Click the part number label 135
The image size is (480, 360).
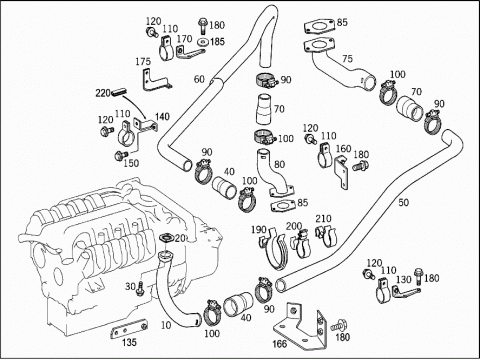(129, 342)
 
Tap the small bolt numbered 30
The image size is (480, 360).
(140, 289)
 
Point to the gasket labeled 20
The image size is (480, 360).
(166, 238)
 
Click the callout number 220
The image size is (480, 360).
(103, 93)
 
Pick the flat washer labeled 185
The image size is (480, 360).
(203, 43)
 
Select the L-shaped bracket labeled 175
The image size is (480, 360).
(155, 80)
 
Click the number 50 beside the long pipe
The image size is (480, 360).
(403, 202)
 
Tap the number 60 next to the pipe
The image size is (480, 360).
(199, 79)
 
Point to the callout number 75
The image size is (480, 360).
(347, 59)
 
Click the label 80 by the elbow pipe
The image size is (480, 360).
(279, 164)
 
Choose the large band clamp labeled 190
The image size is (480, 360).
(274, 248)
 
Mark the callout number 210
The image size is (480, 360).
(323, 219)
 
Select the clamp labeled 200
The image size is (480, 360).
(301, 243)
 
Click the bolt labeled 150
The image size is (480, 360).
(121, 155)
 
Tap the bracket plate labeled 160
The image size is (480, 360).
(341, 172)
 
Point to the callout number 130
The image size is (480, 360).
(403, 279)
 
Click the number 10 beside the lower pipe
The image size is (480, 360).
(166, 325)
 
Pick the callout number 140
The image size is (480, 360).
(162, 117)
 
